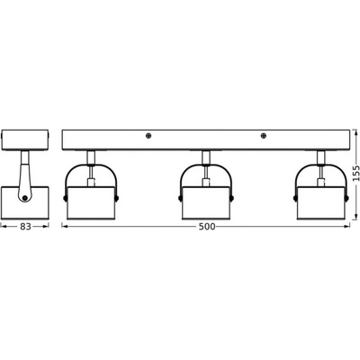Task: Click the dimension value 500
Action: tap(207, 227)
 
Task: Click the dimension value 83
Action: tap(25, 227)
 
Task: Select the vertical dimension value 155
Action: tap(355, 173)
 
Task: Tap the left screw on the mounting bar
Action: tap(148, 136)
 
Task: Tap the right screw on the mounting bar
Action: tap(264, 136)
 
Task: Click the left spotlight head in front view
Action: tap(91, 203)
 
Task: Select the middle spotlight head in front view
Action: tap(206, 203)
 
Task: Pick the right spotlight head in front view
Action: tap(321, 203)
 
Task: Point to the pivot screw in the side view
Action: tap(24, 198)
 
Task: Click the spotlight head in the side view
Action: tap(24, 203)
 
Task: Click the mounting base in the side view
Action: tap(24, 139)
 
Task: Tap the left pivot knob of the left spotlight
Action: tap(65, 198)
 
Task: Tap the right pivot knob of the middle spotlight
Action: tap(232, 198)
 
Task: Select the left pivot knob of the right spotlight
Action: tap(295, 198)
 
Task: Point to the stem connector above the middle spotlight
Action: tap(206, 157)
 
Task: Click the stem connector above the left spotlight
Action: tap(91, 157)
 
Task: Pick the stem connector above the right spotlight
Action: tap(321, 157)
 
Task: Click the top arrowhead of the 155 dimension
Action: tap(355, 132)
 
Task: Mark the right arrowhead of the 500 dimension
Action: tap(347, 227)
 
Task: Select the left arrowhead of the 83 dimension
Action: tap(4, 227)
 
